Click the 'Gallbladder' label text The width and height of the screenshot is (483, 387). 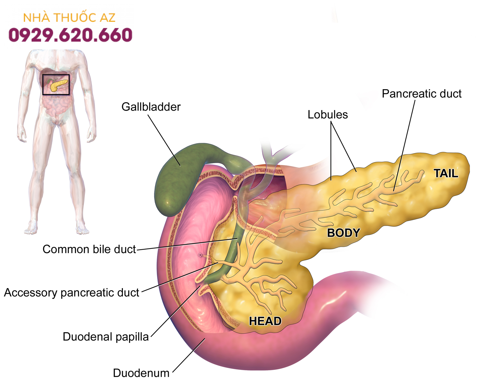pos(151,107)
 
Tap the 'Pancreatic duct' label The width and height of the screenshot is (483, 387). pos(421,94)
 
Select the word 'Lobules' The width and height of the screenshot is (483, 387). pos(327,115)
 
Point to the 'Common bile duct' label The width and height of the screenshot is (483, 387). pos(89,249)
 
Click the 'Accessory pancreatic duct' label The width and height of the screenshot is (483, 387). pos(71,293)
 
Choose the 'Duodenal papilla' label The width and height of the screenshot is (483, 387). pos(105,337)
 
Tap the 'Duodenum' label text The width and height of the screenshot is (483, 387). pos(141,373)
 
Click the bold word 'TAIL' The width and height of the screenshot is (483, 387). pos(446,173)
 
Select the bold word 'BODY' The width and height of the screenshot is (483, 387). pos(343,233)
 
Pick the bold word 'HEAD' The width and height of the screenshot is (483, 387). pos(265,321)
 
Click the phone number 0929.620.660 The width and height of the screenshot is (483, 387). pos(70,35)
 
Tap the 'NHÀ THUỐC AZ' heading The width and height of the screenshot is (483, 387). pos(69,18)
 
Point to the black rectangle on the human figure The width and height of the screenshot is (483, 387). pos(56,75)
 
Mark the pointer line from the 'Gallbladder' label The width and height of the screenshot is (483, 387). pos(164,140)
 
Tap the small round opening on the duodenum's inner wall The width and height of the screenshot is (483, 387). pos(200,255)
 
